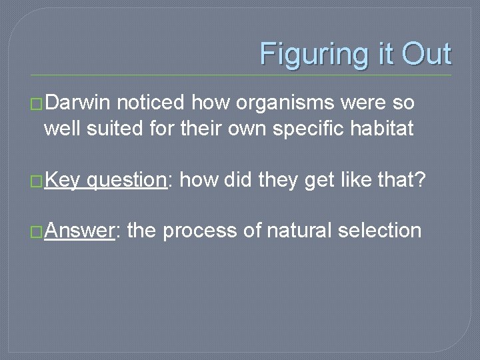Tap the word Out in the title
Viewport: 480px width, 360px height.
click(426, 54)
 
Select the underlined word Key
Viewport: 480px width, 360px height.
click(63, 180)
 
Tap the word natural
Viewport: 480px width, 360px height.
click(299, 231)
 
